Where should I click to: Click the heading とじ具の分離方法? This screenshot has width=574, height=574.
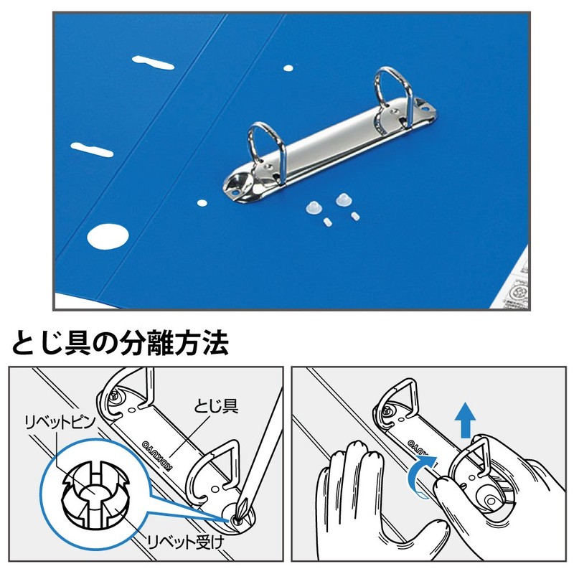(x=121, y=342)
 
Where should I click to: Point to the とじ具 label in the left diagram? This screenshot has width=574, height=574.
(x=216, y=407)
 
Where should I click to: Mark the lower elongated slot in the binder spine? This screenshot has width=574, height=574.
(x=94, y=148)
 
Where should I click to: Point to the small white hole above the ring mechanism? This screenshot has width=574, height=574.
(x=288, y=69)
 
